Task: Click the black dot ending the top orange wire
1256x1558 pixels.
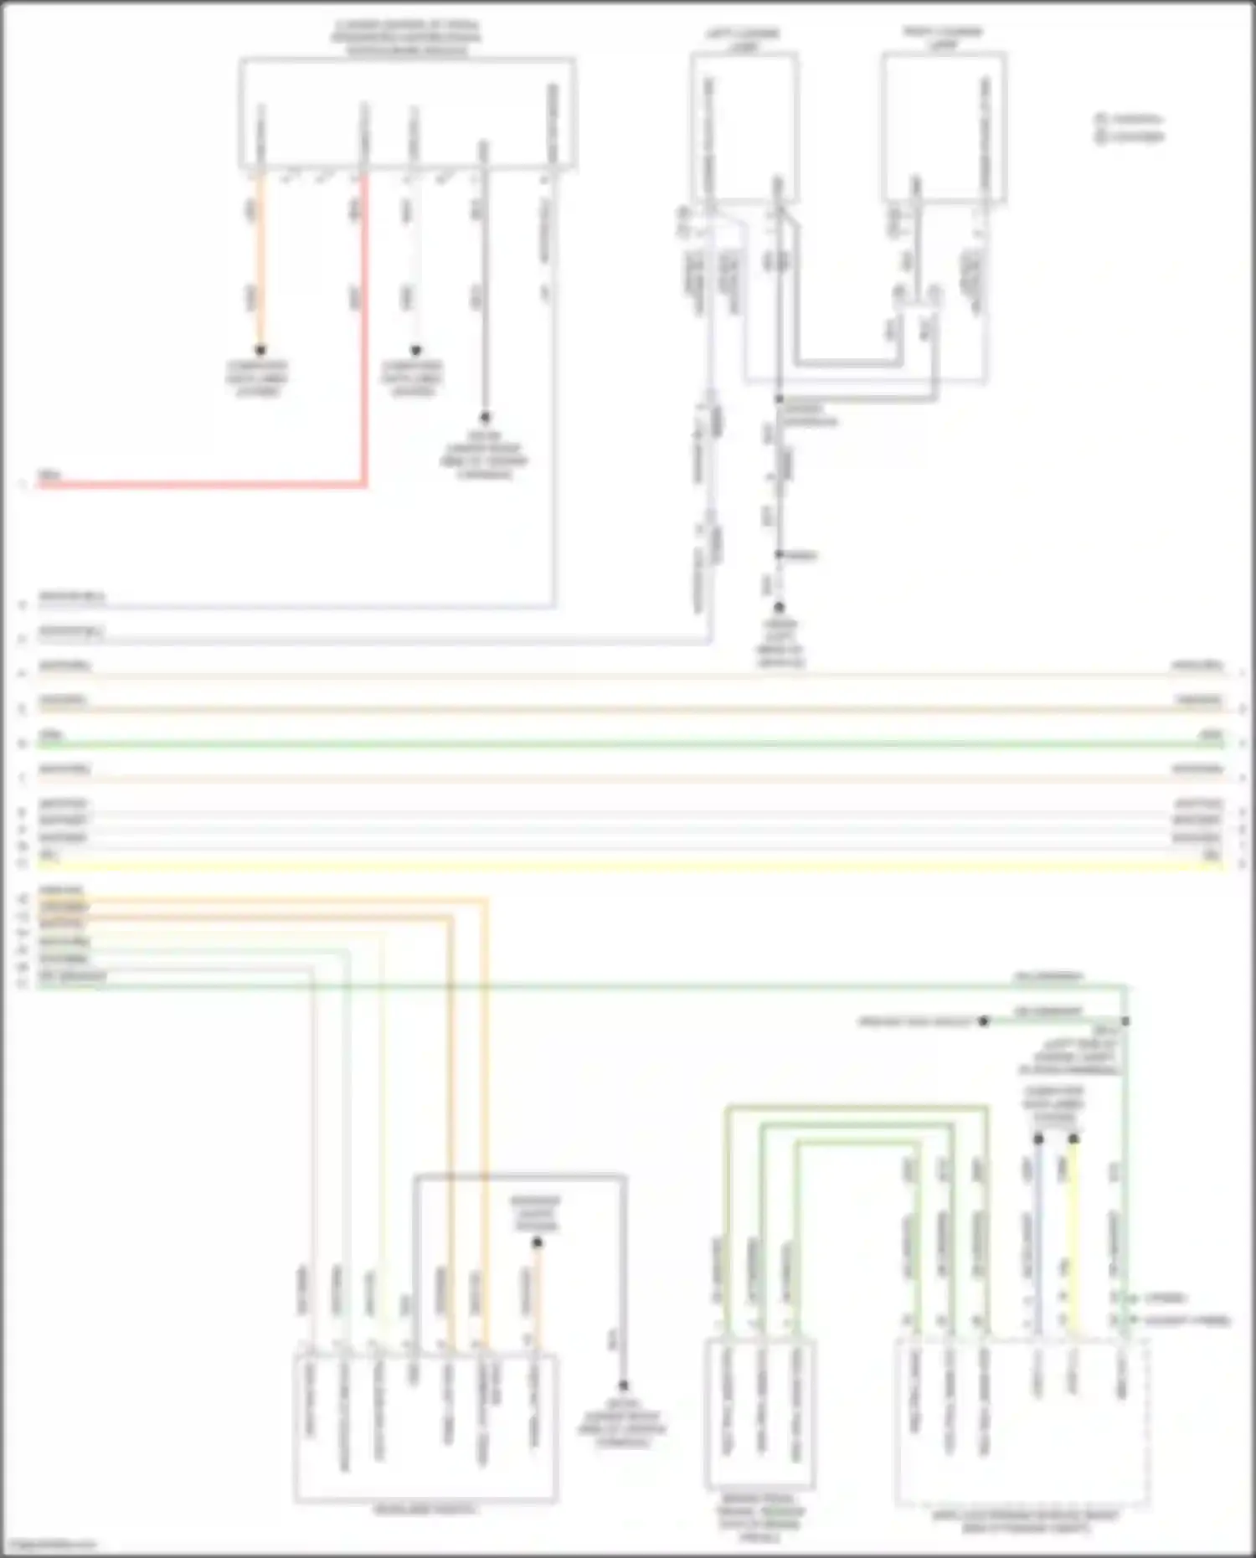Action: [x=260, y=350]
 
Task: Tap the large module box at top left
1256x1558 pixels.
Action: [x=407, y=113]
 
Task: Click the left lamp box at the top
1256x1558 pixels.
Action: [x=744, y=126]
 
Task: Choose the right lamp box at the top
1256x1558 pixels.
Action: [x=944, y=126]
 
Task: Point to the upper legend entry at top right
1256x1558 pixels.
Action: [x=1130, y=119]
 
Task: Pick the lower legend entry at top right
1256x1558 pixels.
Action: [x=1130, y=136]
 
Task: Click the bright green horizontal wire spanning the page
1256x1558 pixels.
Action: [x=628, y=743]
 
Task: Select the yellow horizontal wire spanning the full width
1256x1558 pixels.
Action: [x=628, y=863]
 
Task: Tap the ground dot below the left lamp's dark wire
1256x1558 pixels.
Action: [x=779, y=607]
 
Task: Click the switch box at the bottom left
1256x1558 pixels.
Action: [x=425, y=1427]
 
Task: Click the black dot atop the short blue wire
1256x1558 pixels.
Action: [x=1038, y=1139]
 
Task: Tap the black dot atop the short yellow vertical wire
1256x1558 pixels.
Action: [x=1073, y=1139]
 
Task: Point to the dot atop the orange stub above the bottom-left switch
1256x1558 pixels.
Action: [x=537, y=1243]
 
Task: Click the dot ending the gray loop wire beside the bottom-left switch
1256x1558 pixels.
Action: [x=623, y=1386]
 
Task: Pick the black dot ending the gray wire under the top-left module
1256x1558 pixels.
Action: [x=484, y=417]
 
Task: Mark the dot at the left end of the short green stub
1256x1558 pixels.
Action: [x=985, y=1021]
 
